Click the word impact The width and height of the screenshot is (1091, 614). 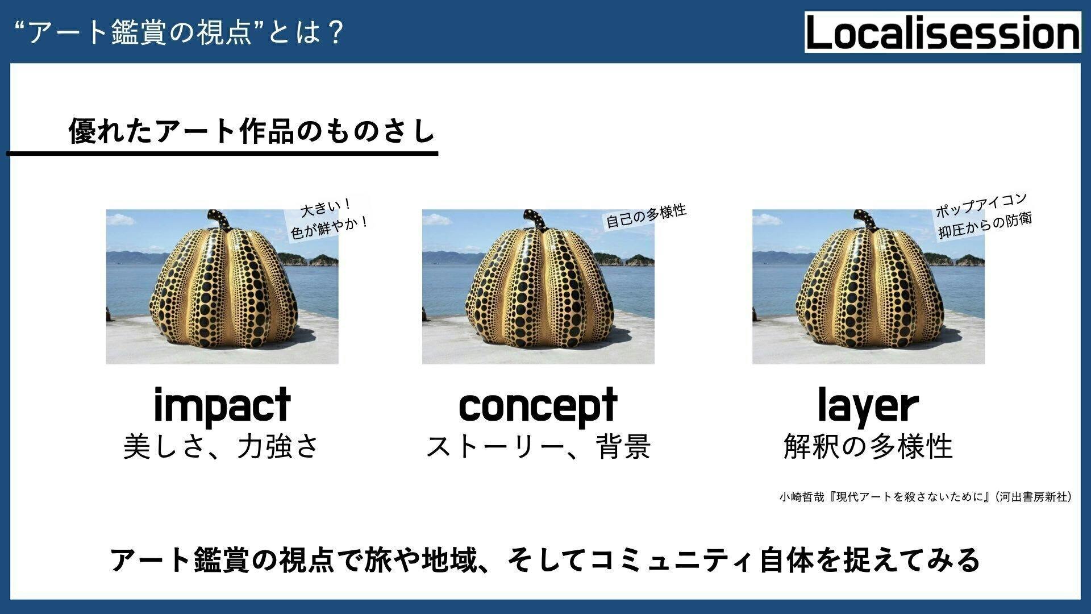pyautogui.click(x=222, y=406)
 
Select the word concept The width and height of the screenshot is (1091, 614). pyautogui.click(x=538, y=406)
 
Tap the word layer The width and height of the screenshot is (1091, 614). pyautogui.click(x=868, y=406)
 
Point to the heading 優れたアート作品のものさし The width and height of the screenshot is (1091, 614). pyautogui.click(x=251, y=131)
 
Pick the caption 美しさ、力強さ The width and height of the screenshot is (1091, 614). pyautogui.click(x=222, y=446)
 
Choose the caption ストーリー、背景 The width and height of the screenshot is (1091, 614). pyautogui.click(x=538, y=446)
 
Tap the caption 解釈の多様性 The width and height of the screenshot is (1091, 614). pyautogui.click(x=868, y=446)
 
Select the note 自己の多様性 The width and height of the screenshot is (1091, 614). pyautogui.click(x=646, y=216)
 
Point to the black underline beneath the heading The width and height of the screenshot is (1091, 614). pyautogui.click(x=222, y=153)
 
